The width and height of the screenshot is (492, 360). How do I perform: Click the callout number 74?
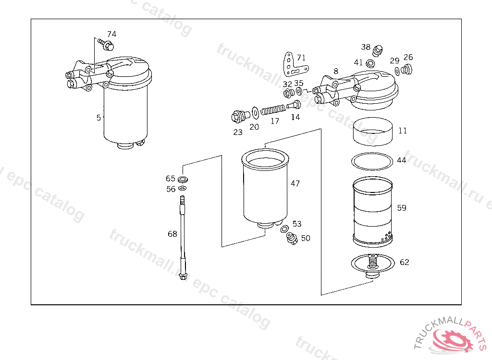(111, 34)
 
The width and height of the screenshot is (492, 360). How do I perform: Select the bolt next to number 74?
(106, 45)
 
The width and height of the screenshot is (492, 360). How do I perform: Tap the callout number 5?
(98, 118)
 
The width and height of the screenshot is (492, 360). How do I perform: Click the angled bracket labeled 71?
(295, 65)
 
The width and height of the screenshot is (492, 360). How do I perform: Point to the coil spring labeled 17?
(273, 110)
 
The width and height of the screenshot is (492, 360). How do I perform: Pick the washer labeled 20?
(256, 113)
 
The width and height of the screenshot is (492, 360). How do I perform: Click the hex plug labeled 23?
(240, 116)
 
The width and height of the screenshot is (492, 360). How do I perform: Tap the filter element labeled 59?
(372, 212)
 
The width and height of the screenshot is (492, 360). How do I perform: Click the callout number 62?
(405, 262)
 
